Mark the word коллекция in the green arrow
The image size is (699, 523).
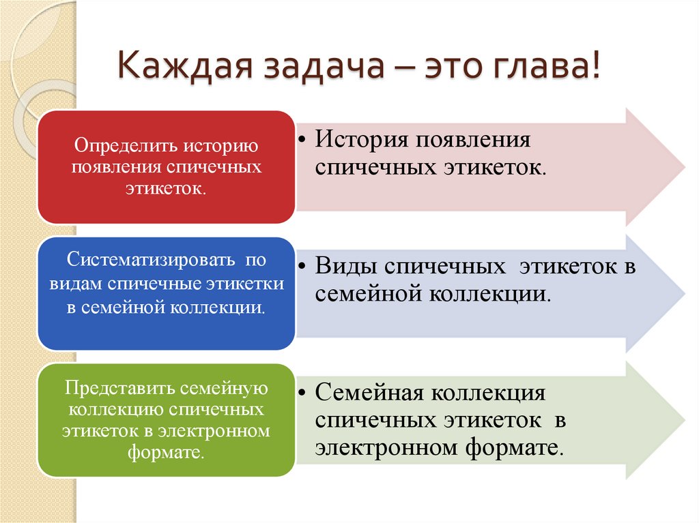point(485,393)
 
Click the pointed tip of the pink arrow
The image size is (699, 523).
point(682,166)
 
